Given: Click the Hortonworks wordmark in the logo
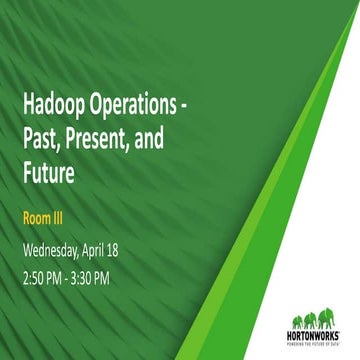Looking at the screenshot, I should pyautogui.click(x=312, y=336).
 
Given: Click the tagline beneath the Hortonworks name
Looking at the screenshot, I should pyautogui.click(x=312, y=344).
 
